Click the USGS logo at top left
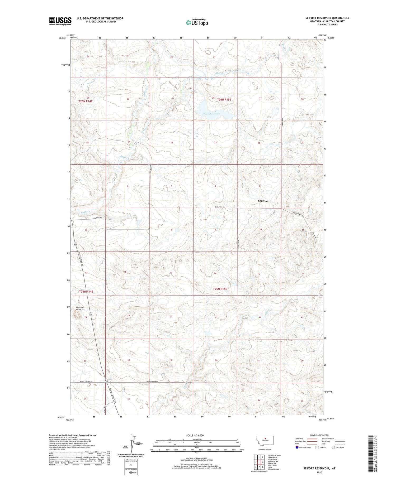click(x=60, y=21)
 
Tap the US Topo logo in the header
click(x=197, y=23)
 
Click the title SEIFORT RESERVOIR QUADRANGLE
click(x=327, y=18)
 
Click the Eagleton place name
click(x=263, y=201)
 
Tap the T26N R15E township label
click(x=224, y=100)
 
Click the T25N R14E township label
click(x=86, y=292)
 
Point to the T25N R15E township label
click(x=220, y=289)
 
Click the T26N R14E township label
click(x=86, y=101)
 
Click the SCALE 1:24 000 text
click(x=195, y=436)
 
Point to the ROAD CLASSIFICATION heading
click(x=319, y=435)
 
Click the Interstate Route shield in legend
click(x=297, y=447)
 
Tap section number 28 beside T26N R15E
click(x=213, y=98)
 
